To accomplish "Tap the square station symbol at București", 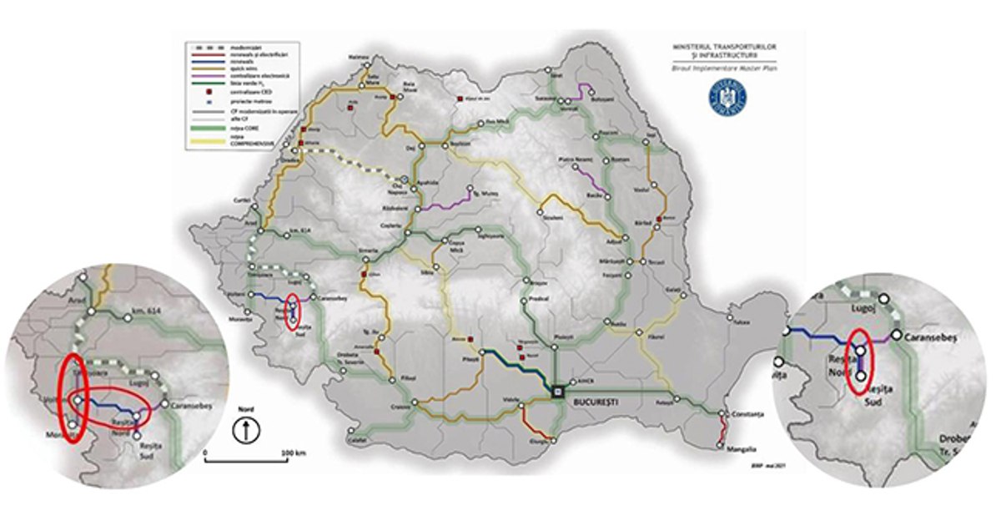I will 557,390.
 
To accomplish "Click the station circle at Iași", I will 655,139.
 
